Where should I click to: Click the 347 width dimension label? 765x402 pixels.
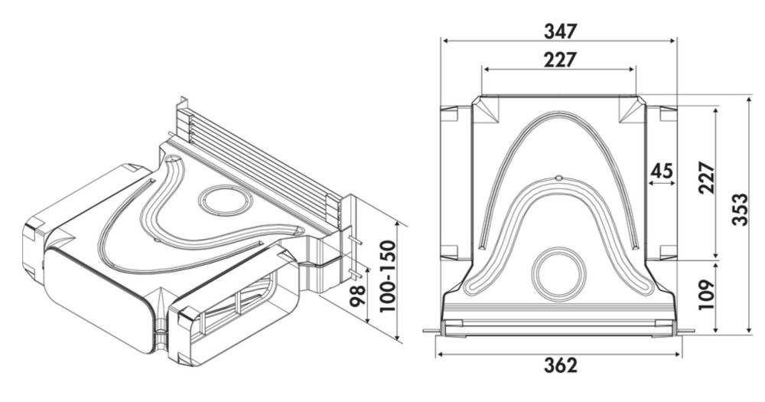click(560, 31)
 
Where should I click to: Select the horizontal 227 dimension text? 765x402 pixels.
click(560, 60)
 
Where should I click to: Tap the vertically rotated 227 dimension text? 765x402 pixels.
click(706, 178)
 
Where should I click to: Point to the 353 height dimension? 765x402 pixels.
click(740, 210)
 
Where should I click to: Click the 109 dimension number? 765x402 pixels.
click(706, 295)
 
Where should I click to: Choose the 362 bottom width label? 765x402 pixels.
click(561, 365)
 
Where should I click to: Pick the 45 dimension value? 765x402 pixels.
click(662, 171)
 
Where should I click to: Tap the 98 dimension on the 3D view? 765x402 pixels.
click(357, 295)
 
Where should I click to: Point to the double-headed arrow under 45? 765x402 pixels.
click(662, 184)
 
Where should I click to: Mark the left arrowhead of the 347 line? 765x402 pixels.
click(444, 41)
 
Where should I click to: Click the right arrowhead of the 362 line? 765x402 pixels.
click(677, 354)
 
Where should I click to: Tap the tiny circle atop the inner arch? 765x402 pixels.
click(559, 177)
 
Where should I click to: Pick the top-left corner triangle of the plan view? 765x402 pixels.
click(486, 109)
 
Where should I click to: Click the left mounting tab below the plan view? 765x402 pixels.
click(432, 332)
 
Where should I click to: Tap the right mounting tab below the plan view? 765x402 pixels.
click(685, 332)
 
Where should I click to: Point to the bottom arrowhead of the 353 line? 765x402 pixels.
click(750, 331)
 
